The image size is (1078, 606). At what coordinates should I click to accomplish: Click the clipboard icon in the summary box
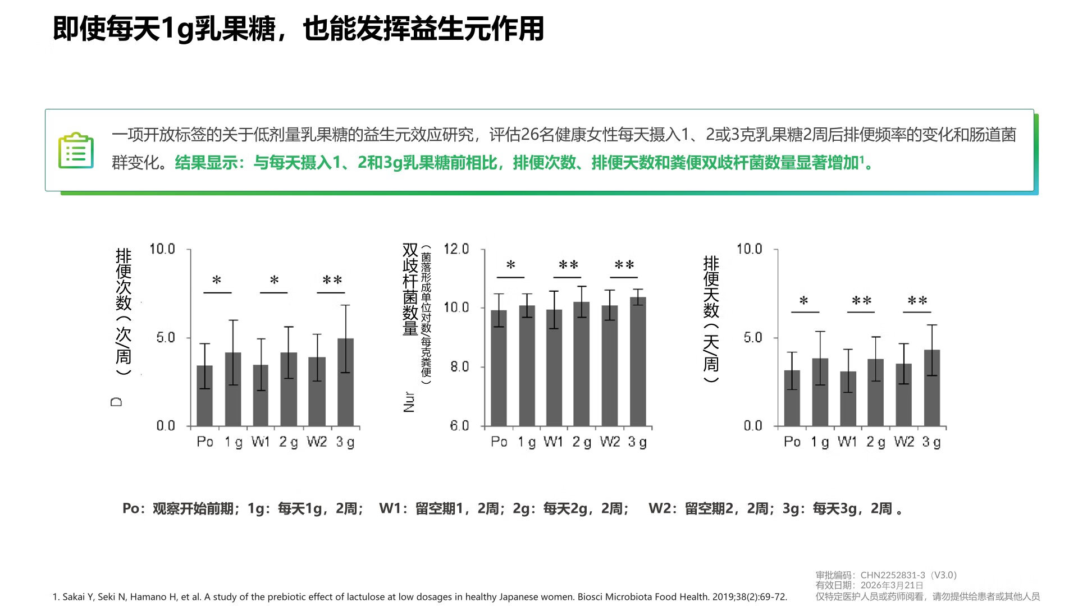click(76, 150)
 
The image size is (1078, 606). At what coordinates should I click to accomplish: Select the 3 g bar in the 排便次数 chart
click(345, 382)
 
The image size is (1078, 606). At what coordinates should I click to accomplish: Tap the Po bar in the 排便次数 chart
click(205, 396)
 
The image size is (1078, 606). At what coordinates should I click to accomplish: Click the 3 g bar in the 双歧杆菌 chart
click(638, 362)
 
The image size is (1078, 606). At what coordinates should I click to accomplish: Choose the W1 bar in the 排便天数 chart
click(848, 398)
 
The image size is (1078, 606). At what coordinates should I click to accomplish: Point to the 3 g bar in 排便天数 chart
click(932, 388)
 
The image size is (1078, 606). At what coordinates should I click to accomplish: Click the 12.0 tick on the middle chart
click(456, 249)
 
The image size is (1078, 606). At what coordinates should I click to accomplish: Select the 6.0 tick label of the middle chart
click(459, 426)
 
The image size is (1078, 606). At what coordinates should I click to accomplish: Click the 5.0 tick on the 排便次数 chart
click(166, 338)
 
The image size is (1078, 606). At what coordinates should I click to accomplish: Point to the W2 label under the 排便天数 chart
click(904, 442)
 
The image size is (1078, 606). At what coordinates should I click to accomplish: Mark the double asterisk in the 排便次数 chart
click(332, 281)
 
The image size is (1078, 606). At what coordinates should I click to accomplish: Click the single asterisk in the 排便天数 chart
click(804, 301)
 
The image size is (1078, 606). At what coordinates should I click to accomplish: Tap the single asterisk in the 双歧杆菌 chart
click(510, 265)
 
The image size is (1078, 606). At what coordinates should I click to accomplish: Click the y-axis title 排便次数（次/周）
click(124, 311)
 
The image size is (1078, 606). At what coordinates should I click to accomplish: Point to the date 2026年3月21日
click(892, 585)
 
